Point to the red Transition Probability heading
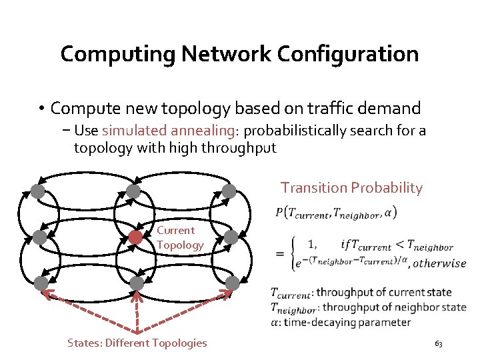tap(351, 188)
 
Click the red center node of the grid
tap(135, 237)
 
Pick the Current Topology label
tap(179, 238)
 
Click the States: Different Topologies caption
tap(137, 343)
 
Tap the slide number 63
tap(438, 344)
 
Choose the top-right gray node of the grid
tap(229, 192)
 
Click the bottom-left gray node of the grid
tap(41, 283)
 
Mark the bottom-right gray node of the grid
tap(232, 283)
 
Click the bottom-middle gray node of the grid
tap(137, 283)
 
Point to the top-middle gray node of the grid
tap(133, 192)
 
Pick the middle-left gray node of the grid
tap(39, 237)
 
